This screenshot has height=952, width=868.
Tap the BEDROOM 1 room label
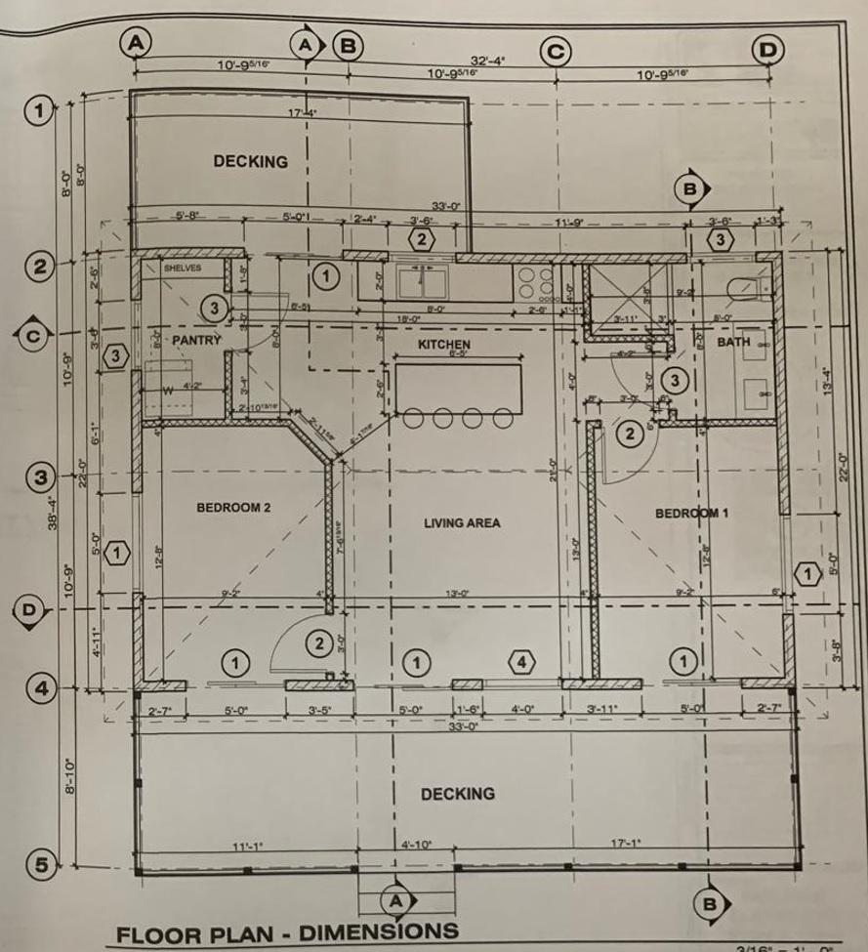click(x=691, y=514)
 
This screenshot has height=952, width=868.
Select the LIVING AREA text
click(x=462, y=523)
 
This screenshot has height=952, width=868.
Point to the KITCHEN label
click(x=444, y=345)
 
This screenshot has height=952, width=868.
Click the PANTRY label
click(x=197, y=340)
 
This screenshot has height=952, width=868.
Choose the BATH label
click(x=733, y=343)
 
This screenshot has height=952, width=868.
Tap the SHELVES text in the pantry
click(x=182, y=268)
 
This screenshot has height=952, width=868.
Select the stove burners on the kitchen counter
click(x=533, y=283)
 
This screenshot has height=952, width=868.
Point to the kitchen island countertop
click(x=459, y=388)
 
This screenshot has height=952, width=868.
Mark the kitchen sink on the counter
click(x=423, y=282)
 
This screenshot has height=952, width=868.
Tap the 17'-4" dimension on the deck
click(x=302, y=114)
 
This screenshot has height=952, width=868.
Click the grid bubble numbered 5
click(x=37, y=863)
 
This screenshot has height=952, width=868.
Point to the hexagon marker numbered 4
click(x=522, y=663)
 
